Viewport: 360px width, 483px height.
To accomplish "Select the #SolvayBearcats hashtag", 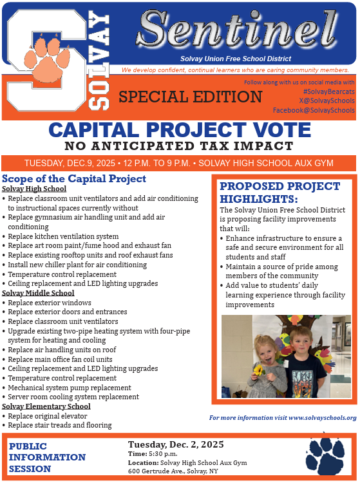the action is pos(328,92).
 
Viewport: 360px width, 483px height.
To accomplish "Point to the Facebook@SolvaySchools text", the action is pos(314,110).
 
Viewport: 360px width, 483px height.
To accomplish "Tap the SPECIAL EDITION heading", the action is pos(190,97).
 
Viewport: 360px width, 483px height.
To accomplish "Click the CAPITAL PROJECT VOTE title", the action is pos(180,129).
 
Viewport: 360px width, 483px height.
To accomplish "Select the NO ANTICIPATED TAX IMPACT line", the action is pos(180,146).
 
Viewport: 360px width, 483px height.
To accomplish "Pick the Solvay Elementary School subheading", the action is pos(46,406).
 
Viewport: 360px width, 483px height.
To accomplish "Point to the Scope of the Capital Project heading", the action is pos(74,178).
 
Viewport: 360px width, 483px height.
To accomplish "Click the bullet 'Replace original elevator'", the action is pos(50,416).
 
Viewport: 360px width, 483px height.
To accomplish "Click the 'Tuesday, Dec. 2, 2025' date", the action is pos(176,444).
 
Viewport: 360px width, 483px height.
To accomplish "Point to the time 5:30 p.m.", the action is pos(162,454).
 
